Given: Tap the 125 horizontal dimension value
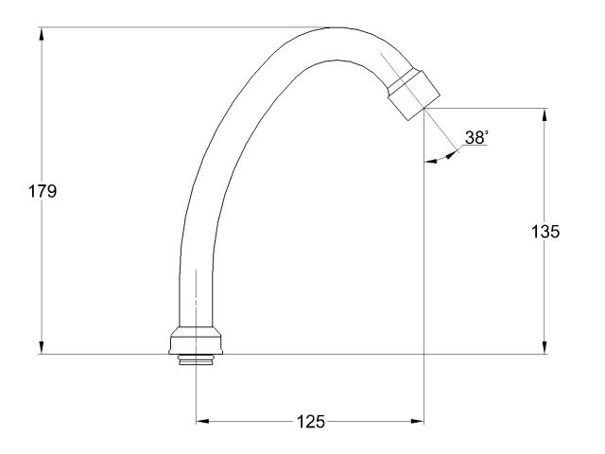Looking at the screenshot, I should (x=308, y=422).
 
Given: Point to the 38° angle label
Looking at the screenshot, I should (x=475, y=138).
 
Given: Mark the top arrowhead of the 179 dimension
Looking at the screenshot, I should (x=42, y=34).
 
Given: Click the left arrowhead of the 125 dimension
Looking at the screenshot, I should (x=202, y=422).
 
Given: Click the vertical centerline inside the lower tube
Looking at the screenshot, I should (x=196, y=293).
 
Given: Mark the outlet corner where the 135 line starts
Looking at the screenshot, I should (x=424, y=108).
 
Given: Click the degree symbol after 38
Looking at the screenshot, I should (x=487, y=131).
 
